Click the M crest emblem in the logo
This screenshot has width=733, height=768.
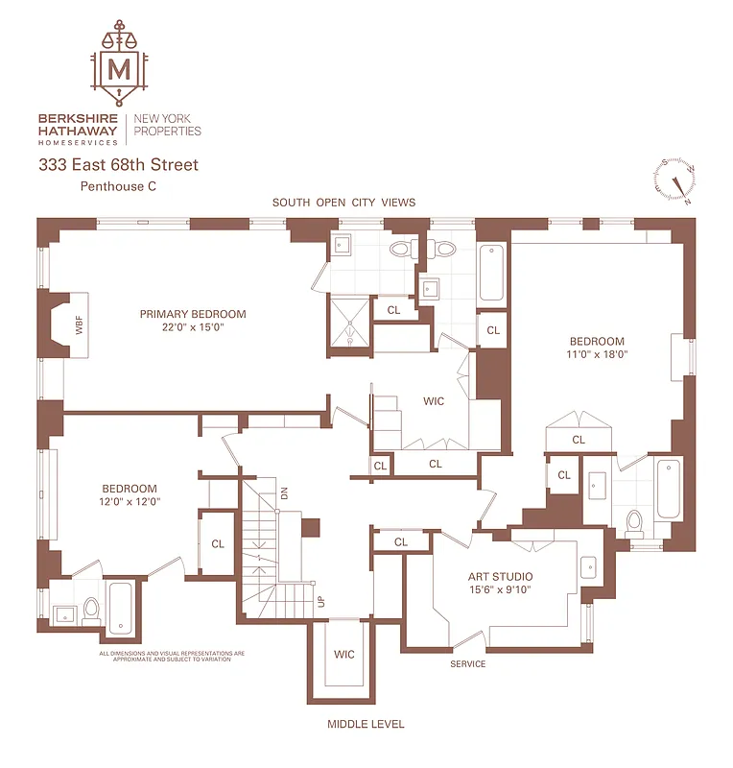coord(119,68)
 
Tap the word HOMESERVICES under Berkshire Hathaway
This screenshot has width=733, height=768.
coord(79,141)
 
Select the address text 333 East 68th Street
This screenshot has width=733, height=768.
coord(118,165)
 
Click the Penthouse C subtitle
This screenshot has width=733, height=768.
coord(118,187)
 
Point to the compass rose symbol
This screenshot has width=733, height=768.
coord(675,181)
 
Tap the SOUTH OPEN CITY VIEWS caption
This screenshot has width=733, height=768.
coord(343,203)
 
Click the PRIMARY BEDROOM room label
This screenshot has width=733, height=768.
coord(193,314)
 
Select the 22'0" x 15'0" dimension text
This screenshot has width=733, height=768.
coord(193,327)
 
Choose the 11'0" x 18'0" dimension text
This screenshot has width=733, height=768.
coord(597,354)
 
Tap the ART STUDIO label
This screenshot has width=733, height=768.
coord(500,577)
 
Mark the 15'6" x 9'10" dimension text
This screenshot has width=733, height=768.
coord(500,590)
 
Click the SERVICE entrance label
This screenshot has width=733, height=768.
coord(468,664)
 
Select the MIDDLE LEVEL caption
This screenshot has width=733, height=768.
coord(366,724)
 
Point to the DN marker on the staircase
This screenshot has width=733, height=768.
coord(284,493)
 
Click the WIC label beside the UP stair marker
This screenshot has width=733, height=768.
coord(344,654)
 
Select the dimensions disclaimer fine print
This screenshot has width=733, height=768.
coord(173,657)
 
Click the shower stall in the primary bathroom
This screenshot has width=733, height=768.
coord(349,320)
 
